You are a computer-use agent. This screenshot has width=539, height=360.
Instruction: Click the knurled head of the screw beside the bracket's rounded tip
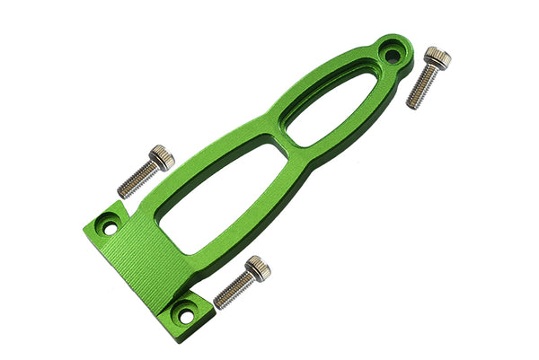pos(437,59)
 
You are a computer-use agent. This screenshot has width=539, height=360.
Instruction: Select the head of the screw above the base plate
pos(162,159)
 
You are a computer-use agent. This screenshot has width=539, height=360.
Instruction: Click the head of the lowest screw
pos(258,268)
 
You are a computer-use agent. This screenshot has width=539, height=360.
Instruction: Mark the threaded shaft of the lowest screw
pos(234,289)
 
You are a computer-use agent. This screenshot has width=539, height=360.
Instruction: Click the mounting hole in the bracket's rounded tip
pos(393,56)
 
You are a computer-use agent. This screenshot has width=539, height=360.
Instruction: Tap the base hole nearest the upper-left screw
pos(110,228)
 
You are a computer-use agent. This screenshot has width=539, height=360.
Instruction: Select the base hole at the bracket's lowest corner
pos(186,315)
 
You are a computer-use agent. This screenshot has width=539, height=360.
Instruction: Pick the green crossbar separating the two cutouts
pos(280,145)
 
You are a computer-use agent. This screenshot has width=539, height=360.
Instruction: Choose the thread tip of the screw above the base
pos(122,191)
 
